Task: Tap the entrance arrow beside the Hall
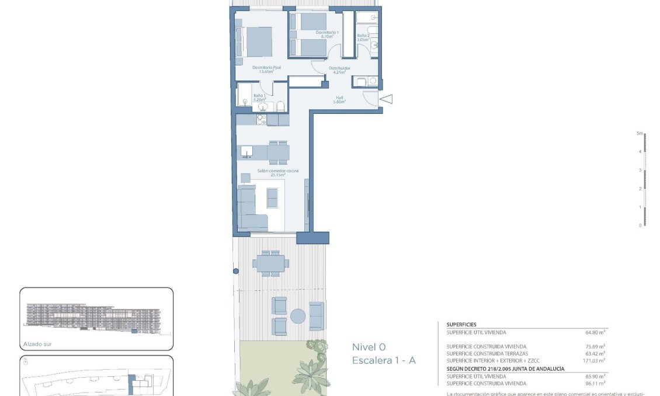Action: tap(386, 100)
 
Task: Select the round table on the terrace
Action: tap(298, 316)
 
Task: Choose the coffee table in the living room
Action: tap(273, 199)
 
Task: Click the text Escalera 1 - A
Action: tap(384, 361)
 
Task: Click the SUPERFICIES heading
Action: tap(461, 324)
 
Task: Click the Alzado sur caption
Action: tap(38, 344)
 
